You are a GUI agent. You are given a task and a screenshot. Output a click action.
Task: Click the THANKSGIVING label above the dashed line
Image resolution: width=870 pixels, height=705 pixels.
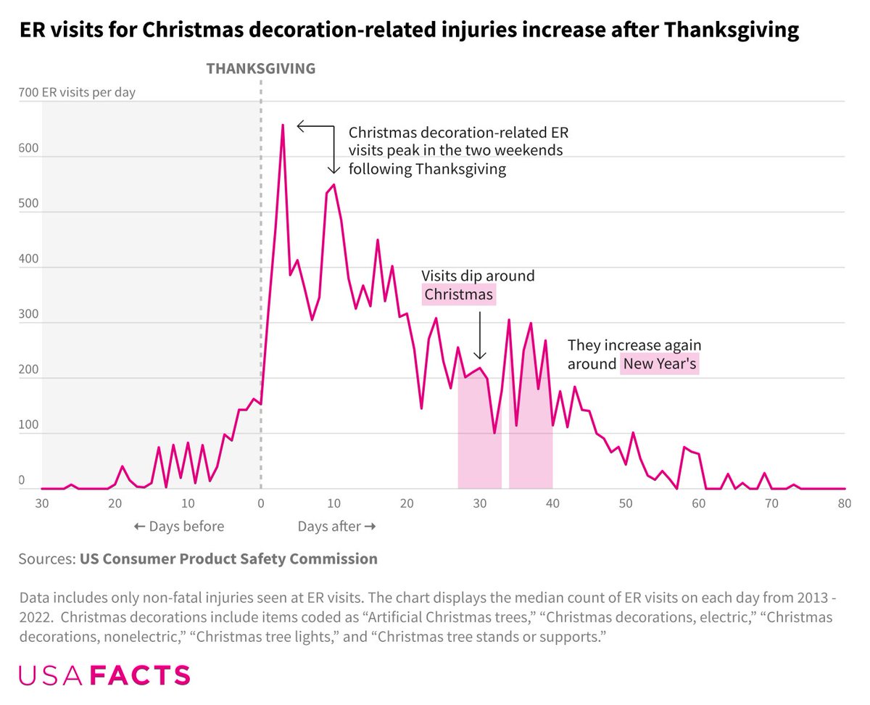tap(261, 69)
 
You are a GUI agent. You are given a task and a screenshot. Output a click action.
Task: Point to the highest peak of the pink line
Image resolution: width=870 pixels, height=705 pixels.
tap(283, 125)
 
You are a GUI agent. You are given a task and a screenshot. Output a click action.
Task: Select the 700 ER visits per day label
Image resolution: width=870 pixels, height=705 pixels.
tap(77, 92)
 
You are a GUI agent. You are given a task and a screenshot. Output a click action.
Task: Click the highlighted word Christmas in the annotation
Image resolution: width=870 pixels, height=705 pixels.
tap(459, 294)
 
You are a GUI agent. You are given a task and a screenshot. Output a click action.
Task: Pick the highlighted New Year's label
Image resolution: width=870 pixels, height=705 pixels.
tap(660, 364)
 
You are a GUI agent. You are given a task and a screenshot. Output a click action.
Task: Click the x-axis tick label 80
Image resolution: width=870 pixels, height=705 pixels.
tap(844, 503)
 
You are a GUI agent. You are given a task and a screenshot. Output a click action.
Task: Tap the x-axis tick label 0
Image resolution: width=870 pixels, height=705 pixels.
tap(261, 503)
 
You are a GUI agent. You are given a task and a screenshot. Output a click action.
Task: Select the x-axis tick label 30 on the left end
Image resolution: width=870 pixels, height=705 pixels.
tap(42, 503)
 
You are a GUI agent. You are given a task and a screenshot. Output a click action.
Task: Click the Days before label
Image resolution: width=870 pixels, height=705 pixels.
tap(179, 527)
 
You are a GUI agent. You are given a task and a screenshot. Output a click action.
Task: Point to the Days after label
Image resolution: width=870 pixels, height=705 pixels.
tap(336, 527)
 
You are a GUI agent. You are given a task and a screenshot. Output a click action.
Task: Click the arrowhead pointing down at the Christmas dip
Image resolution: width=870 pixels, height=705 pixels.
tap(479, 355)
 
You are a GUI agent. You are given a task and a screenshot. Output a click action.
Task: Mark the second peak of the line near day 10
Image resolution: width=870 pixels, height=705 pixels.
tap(333, 185)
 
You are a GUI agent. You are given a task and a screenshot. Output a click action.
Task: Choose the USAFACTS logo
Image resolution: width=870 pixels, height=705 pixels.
tap(104, 675)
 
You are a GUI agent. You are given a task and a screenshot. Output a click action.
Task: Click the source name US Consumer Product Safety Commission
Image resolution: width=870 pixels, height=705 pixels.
tap(228, 559)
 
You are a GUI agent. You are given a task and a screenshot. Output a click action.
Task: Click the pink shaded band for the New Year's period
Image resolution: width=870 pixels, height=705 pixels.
tap(531, 435)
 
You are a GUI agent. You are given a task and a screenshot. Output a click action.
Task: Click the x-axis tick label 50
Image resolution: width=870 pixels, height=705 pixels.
tap(626, 503)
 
